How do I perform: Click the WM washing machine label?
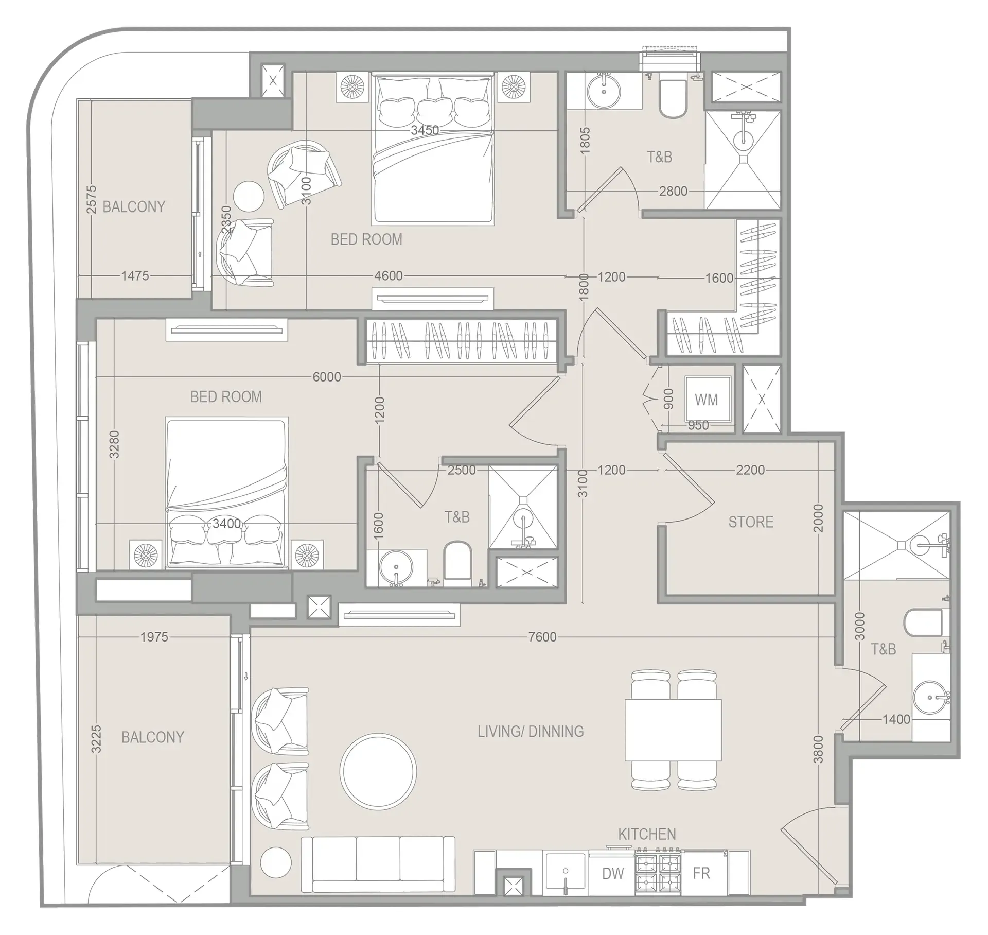(706, 400)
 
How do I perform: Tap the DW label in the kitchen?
(613, 873)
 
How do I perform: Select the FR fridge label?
(701, 873)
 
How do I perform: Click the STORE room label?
(751, 522)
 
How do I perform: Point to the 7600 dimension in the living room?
(542, 637)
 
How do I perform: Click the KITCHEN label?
(647, 834)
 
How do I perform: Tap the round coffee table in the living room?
(378, 771)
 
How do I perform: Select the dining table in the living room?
(673, 730)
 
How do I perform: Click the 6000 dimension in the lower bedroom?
(327, 377)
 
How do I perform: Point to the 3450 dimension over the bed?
(425, 130)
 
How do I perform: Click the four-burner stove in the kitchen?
(658, 873)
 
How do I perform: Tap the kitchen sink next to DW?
(566, 873)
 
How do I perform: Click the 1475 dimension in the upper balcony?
(135, 276)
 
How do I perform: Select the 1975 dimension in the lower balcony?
(154, 637)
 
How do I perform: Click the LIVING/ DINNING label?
(531, 731)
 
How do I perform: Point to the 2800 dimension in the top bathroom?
(673, 191)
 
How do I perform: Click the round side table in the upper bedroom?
(249, 196)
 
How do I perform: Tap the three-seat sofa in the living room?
(378, 864)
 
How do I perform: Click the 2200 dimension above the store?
(750, 470)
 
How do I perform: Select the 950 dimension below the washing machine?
(698, 425)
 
